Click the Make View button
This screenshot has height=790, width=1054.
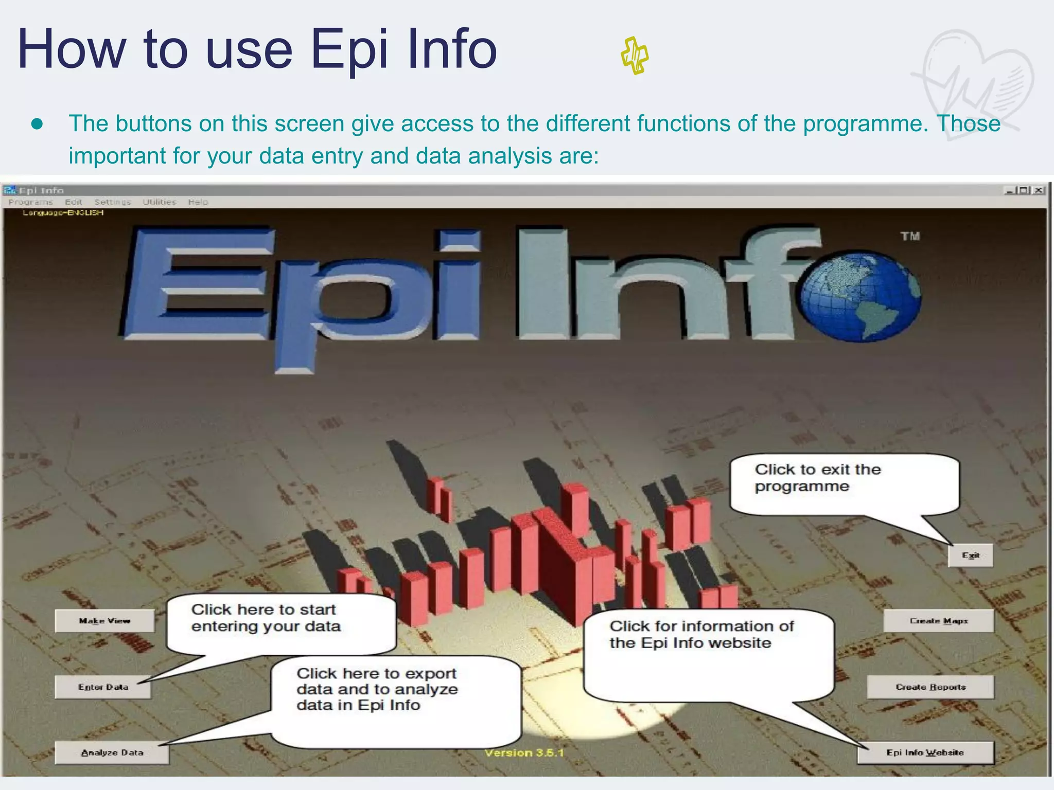coord(104,621)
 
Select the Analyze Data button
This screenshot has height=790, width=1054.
coord(112,753)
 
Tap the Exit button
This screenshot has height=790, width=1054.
coord(971,555)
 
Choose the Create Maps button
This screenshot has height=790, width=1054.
coord(938,621)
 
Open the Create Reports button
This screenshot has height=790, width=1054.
coord(930,687)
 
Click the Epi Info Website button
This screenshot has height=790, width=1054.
coord(925,753)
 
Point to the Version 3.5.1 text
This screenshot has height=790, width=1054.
coord(524,753)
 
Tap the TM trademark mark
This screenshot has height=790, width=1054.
coord(910,236)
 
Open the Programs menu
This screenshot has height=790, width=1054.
coord(30,202)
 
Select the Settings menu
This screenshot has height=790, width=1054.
coord(112,202)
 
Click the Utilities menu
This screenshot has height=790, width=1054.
coord(159,202)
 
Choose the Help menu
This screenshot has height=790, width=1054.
coord(198,202)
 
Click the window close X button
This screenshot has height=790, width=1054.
coord(1039,190)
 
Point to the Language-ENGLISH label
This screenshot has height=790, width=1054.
coord(63,213)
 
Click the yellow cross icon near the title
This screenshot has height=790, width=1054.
coord(635,56)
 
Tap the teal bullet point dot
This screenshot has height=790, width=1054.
coord(37,124)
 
